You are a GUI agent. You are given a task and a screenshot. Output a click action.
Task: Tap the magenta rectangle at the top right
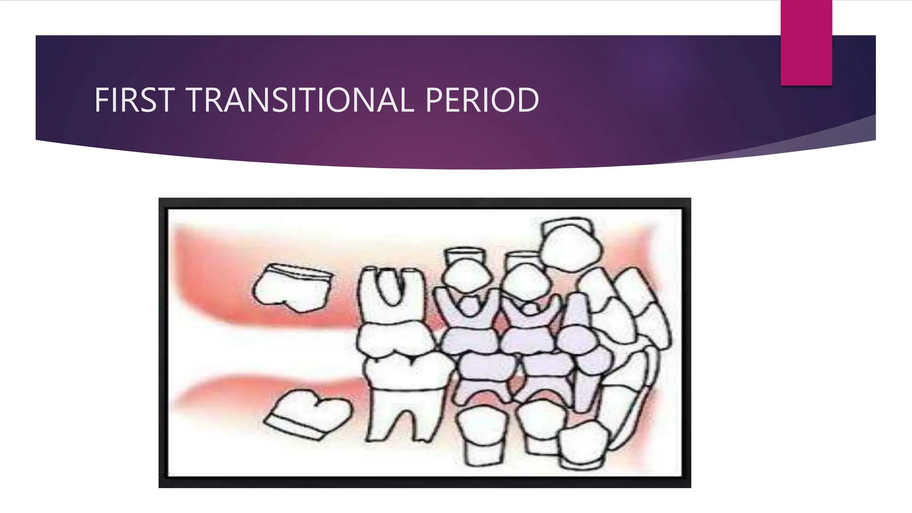click(806, 42)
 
